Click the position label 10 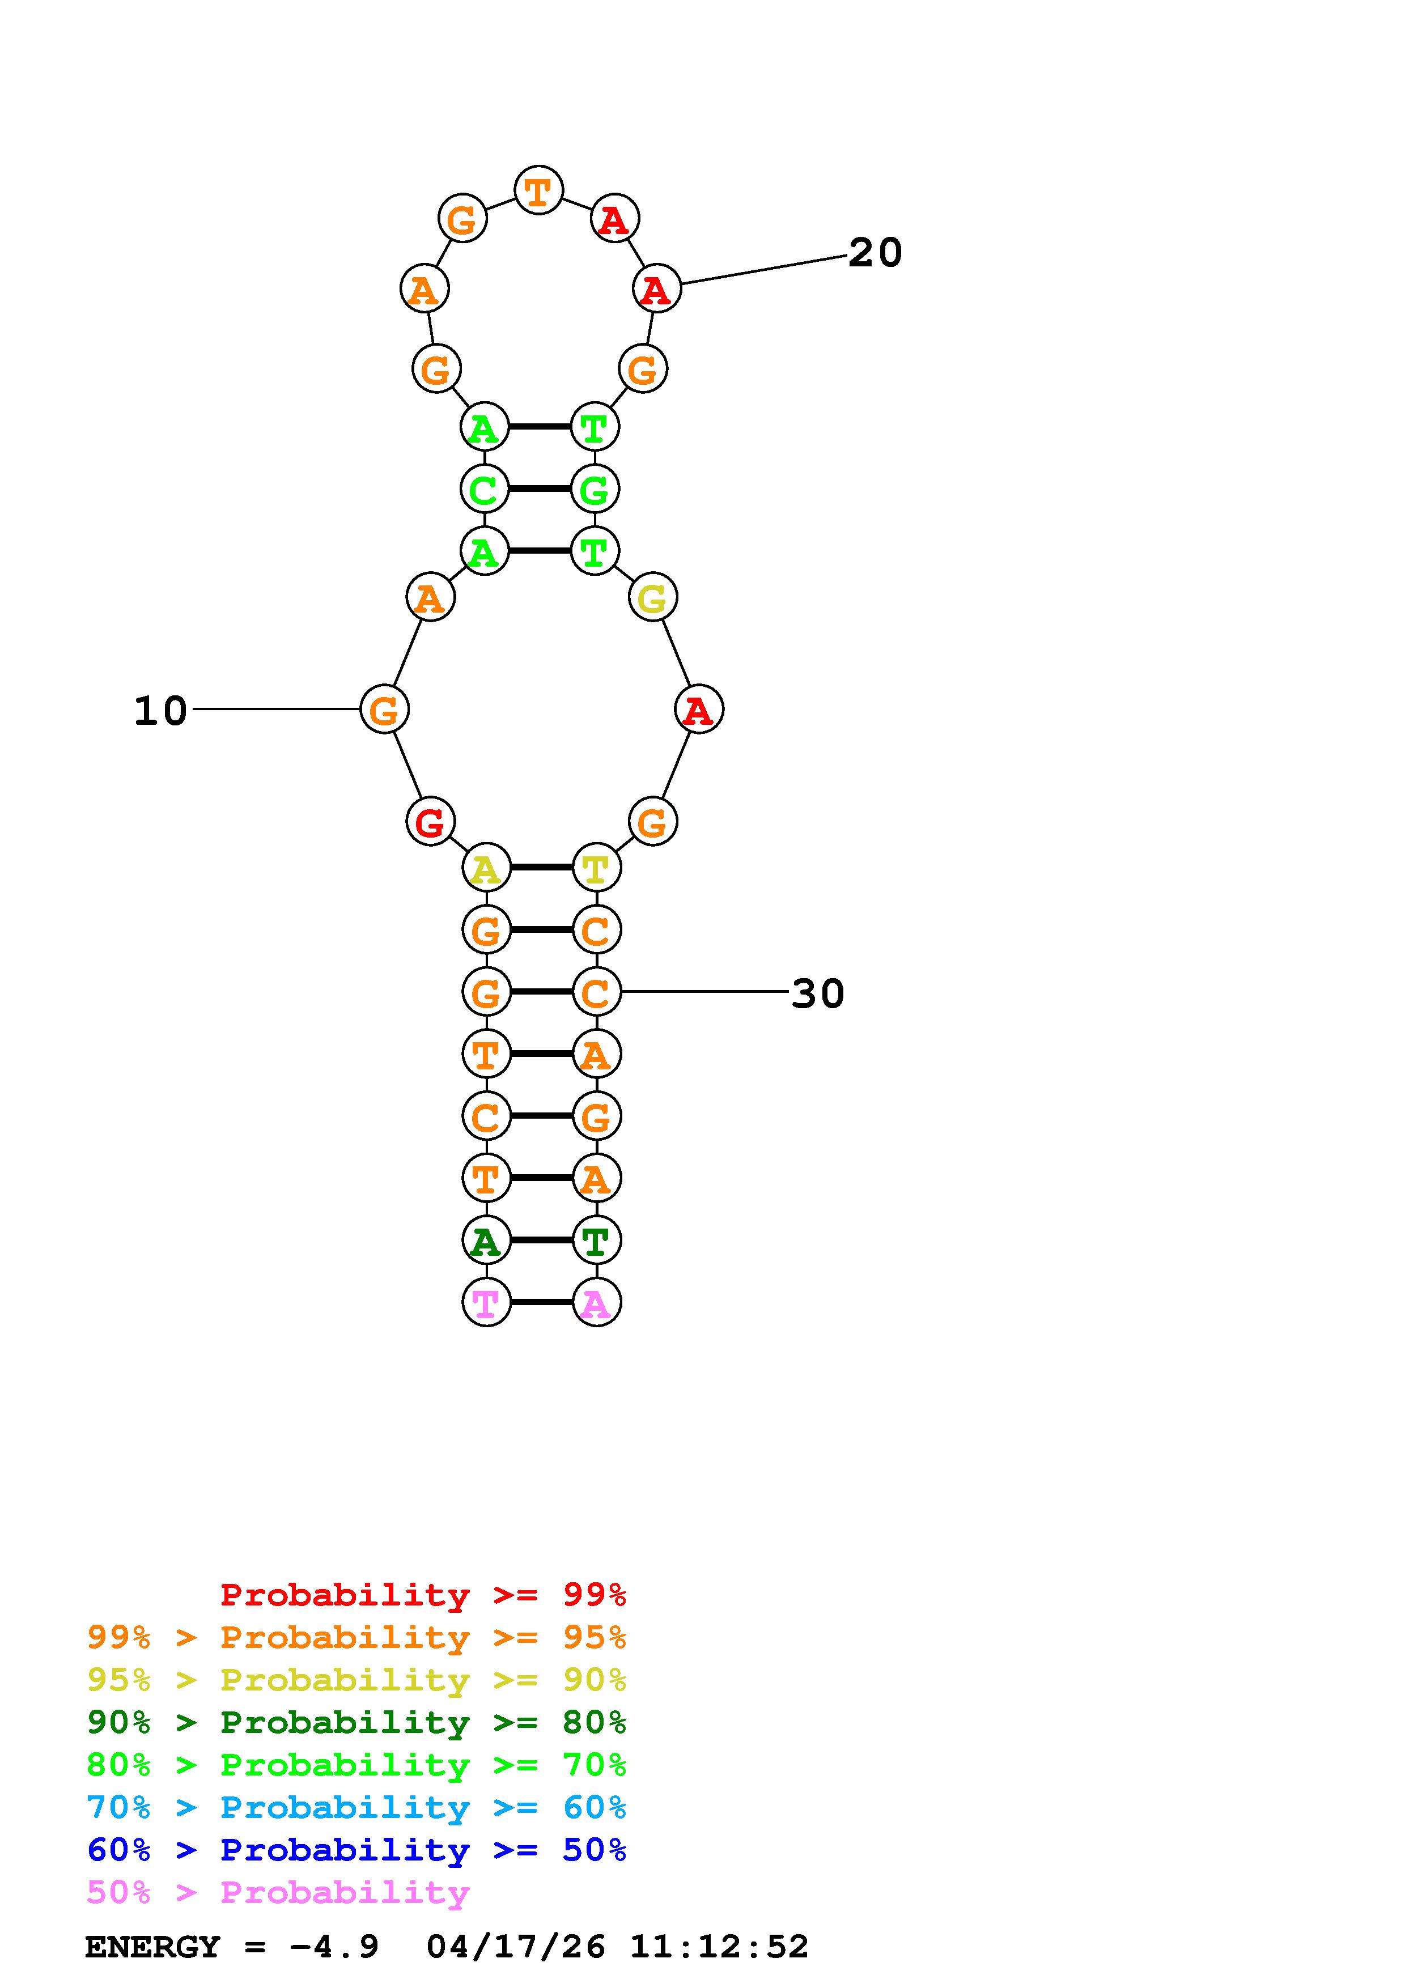[x=160, y=711]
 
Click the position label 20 [x=875, y=253]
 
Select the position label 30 [x=818, y=993]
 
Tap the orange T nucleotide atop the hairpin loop [x=538, y=190]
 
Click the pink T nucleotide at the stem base [x=486, y=1302]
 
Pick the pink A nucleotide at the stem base [x=596, y=1302]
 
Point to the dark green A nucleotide [x=486, y=1240]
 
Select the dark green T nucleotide [x=596, y=1240]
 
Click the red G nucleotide [x=430, y=822]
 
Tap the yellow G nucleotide [x=653, y=597]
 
